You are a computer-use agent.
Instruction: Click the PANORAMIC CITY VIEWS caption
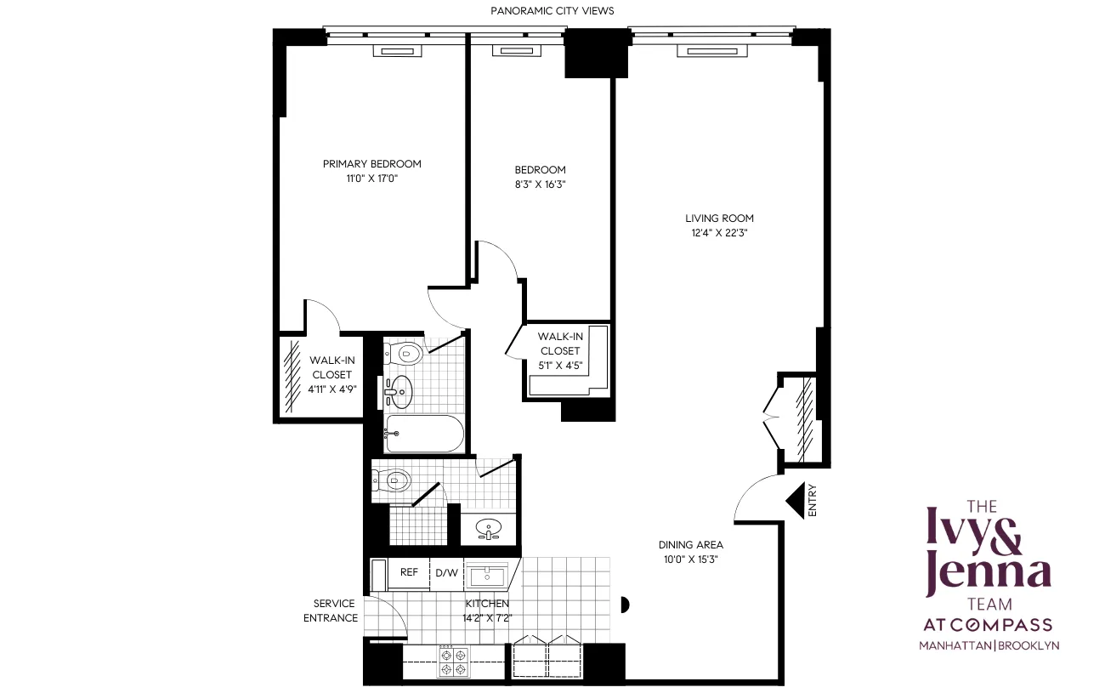pos(552,10)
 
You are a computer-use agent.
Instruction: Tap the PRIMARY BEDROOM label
pos(371,164)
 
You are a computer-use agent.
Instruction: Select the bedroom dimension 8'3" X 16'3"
pos(540,184)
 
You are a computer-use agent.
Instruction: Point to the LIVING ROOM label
pos(719,219)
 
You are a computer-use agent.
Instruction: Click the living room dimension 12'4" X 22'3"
pos(719,233)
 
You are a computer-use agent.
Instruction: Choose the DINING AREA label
pos(690,545)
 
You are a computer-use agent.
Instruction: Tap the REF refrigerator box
pos(409,572)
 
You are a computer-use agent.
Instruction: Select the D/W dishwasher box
pos(446,572)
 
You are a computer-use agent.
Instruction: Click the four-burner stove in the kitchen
pos(453,662)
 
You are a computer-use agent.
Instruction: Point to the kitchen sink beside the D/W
pos(486,574)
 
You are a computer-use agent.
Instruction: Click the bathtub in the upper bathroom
pos(424,435)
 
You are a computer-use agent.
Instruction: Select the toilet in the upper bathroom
pos(405,351)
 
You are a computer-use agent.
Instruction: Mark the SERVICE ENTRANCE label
pos(331,611)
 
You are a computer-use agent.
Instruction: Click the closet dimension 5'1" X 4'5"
pos(559,366)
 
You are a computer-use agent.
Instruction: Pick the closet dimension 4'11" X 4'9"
pos(331,389)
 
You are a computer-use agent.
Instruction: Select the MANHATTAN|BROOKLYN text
pos(989,645)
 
